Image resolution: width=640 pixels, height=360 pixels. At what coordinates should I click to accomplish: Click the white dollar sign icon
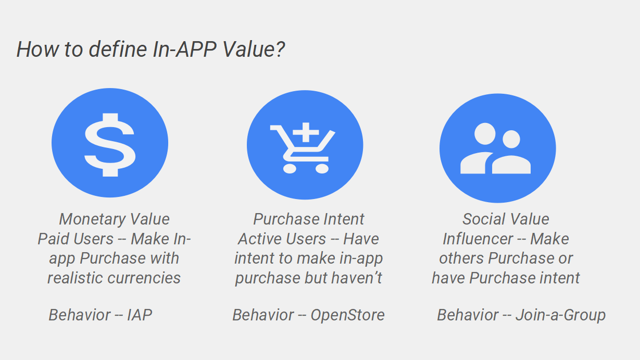[110, 145]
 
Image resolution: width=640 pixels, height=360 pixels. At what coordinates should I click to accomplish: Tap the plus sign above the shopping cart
[306, 132]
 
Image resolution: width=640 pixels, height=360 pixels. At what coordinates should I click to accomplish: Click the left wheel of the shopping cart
[290, 168]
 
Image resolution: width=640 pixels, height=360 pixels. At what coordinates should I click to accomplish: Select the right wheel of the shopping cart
[322, 168]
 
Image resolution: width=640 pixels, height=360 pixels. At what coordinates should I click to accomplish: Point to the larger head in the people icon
[485, 133]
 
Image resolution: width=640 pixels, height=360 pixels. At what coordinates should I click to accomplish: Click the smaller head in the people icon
[511, 139]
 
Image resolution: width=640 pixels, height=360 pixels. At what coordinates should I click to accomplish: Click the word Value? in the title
[254, 49]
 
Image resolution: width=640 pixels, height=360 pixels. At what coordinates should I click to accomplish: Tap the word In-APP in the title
[184, 49]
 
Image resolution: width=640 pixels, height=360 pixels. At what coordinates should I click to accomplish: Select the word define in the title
[118, 49]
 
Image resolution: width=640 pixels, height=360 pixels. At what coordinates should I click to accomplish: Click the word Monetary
[92, 219]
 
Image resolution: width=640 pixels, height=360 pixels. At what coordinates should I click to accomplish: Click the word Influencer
[478, 239]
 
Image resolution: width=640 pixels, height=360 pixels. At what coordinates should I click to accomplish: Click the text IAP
[140, 315]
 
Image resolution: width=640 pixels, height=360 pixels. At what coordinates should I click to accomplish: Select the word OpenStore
[347, 315]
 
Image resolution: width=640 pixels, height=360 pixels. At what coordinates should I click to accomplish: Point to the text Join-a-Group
[560, 315]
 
